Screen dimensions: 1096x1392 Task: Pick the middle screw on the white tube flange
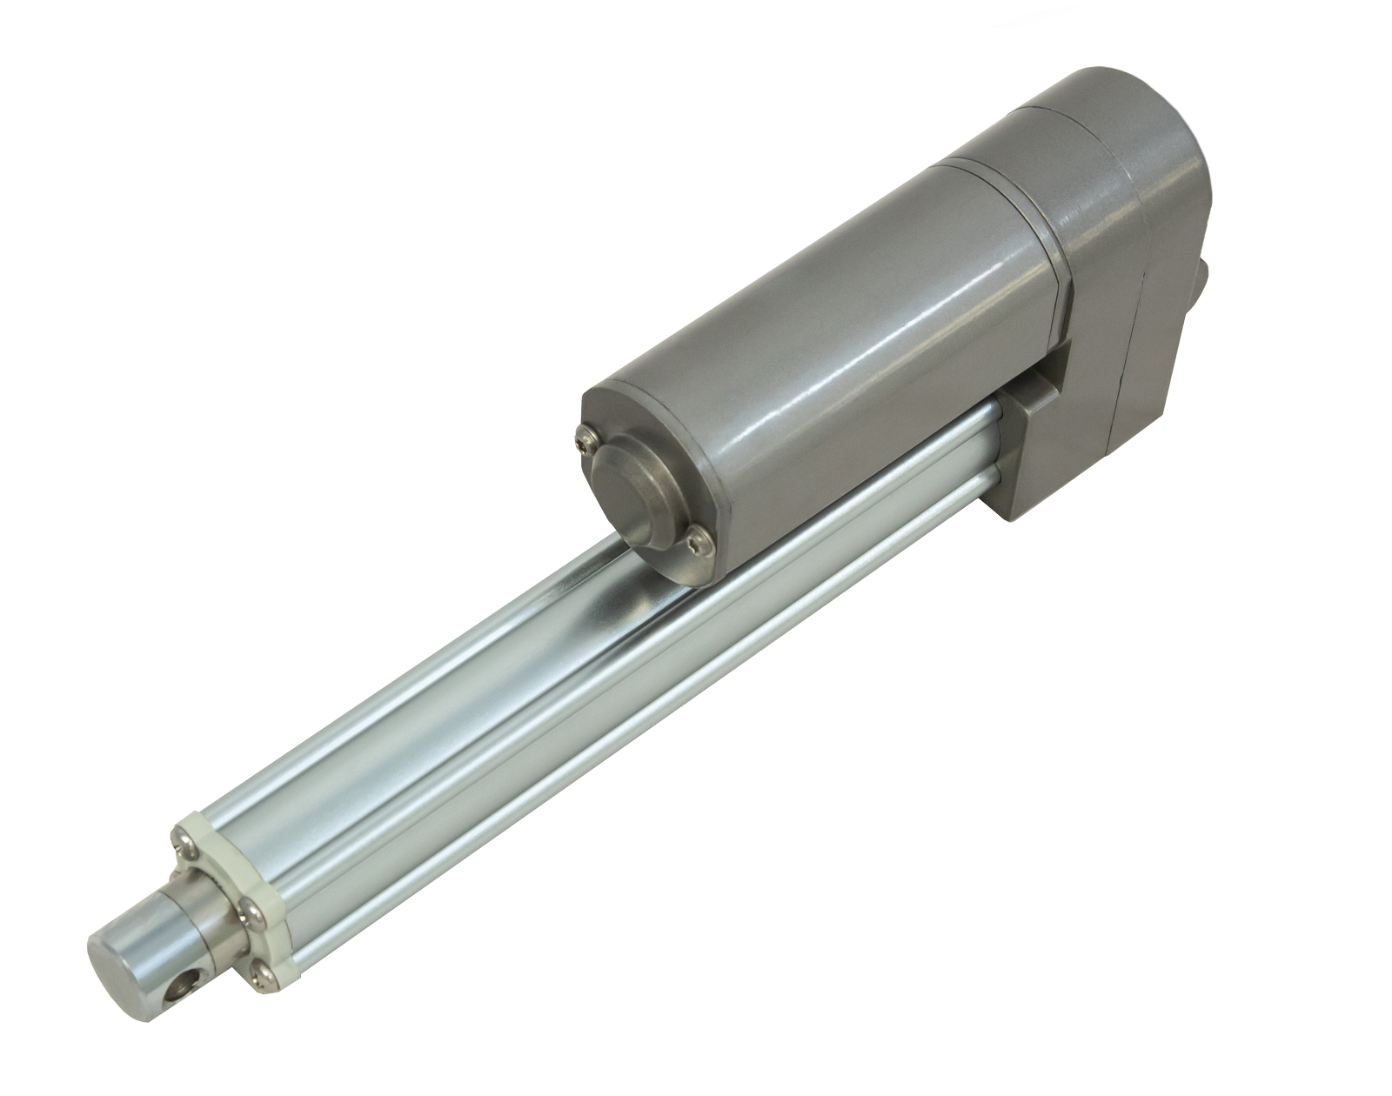pyautogui.click(x=251, y=907)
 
